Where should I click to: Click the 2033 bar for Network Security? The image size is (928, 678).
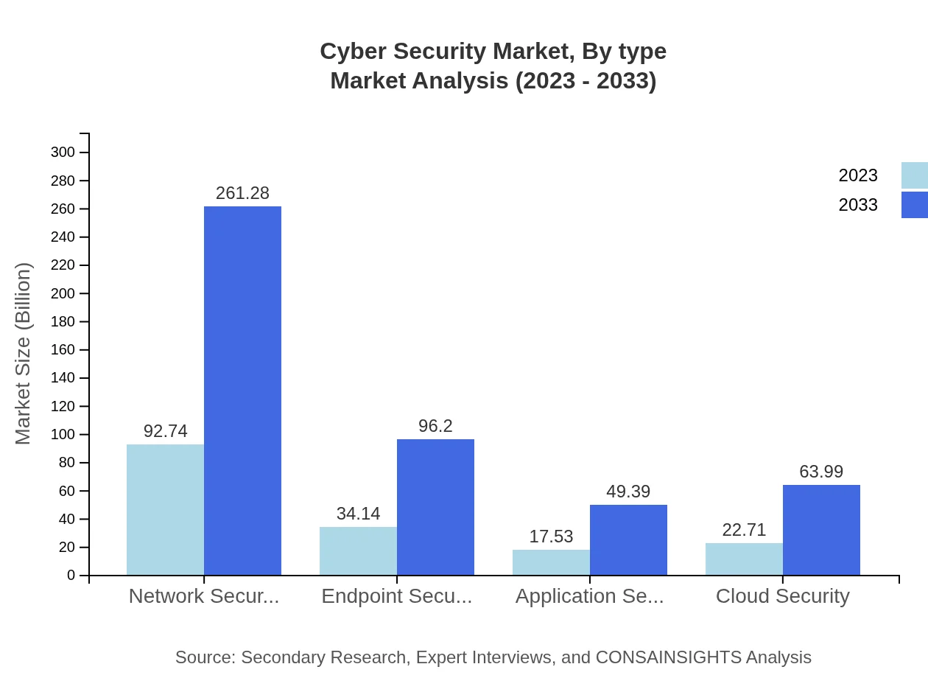tap(242, 391)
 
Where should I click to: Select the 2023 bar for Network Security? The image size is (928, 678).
tap(165, 509)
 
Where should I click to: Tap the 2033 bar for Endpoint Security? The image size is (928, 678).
tap(435, 507)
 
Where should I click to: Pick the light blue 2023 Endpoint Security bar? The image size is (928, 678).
tap(358, 551)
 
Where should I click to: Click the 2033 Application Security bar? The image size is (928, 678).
tap(628, 539)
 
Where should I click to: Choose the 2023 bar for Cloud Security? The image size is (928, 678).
tap(744, 559)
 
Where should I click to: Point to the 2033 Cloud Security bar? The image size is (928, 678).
tap(821, 530)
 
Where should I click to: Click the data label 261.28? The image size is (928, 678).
tap(242, 193)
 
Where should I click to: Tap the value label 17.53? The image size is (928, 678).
tap(551, 537)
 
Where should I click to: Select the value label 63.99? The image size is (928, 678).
tap(821, 472)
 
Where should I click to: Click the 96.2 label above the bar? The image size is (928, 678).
tap(435, 426)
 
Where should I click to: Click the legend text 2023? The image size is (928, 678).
tap(858, 175)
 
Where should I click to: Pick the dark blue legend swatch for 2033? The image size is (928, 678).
tap(914, 205)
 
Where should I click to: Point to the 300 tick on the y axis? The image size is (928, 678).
tap(63, 153)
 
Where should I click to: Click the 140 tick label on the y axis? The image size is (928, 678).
tap(63, 378)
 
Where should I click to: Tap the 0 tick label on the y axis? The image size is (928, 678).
tap(71, 576)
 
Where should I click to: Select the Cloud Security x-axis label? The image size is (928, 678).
tap(782, 595)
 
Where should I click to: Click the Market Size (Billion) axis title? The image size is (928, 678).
tap(24, 354)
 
